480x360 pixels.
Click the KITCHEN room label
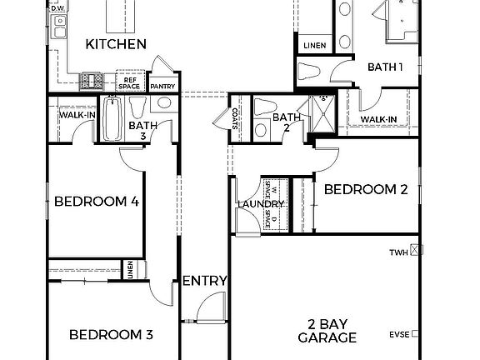pos(117,43)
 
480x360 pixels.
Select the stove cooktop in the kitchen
pos(92,82)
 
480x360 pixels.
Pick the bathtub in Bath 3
pos(113,117)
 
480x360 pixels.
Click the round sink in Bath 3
pos(163,104)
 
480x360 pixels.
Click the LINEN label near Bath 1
pos(314,45)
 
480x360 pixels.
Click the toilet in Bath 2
pos(265,107)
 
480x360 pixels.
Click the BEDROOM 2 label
pos(365,190)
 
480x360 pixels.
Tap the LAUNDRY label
pos(261,204)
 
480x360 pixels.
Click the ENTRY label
pos(204,281)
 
